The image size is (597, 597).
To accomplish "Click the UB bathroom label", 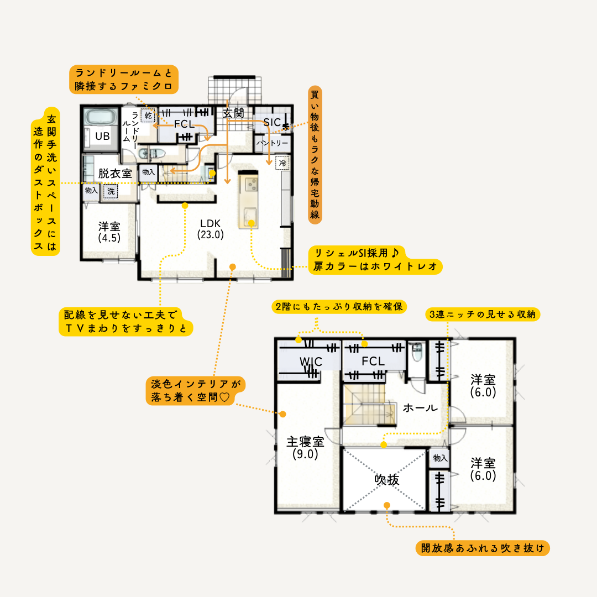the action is pyautogui.click(x=102, y=137).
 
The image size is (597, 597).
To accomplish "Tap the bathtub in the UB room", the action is pyautogui.click(x=101, y=117).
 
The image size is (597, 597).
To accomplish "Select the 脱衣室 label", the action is pyautogui.click(x=115, y=174).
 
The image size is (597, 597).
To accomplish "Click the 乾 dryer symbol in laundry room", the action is pyautogui.click(x=148, y=116).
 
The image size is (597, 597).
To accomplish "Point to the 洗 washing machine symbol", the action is pyautogui.click(x=111, y=191).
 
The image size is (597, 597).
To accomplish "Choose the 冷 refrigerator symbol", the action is pyautogui.click(x=282, y=163).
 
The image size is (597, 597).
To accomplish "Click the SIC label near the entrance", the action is pyautogui.click(x=272, y=123).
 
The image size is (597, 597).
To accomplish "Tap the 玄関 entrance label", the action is pyautogui.click(x=233, y=113).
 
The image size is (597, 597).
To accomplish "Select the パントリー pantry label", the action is pyautogui.click(x=272, y=143).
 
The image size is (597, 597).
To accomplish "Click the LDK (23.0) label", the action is pyautogui.click(x=211, y=229).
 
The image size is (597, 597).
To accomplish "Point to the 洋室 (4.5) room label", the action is pyautogui.click(x=109, y=232).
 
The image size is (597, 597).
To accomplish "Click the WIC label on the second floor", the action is pyautogui.click(x=311, y=362).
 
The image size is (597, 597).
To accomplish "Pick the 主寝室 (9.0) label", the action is pyautogui.click(x=305, y=447).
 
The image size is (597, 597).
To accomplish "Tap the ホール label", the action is pyautogui.click(x=420, y=408).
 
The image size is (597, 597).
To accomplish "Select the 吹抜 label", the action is pyautogui.click(x=387, y=480).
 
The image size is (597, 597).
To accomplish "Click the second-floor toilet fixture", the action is pyautogui.click(x=417, y=352).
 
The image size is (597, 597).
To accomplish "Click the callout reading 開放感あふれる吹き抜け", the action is pyautogui.click(x=483, y=548).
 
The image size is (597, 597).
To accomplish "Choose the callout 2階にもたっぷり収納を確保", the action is pyautogui.click(x=339, y=306).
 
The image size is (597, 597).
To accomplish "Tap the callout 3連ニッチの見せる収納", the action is pyautogui.click(x=483, y=314).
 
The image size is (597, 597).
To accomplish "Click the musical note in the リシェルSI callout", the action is pyautogui.click(x=395, y=253).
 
